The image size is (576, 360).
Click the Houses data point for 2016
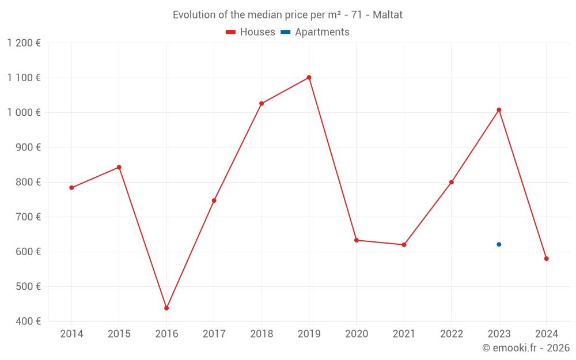(x=166, y=308)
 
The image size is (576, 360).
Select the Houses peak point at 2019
(x=309, y=77)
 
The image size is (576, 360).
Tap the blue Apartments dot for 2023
(x=499, y=244)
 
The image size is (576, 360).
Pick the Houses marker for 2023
(x=499, y=109)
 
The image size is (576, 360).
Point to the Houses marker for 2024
(x=546, y=259)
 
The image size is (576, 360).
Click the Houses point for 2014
(x=71, y=188)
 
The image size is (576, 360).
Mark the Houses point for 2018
(x=262, y=104)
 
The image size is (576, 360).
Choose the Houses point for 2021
(x=404, y=245)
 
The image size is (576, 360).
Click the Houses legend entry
(x=251, y=32)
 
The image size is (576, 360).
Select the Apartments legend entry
(x=315, y=32)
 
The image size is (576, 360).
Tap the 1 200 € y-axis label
(x=24, y=43)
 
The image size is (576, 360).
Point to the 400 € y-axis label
(x=28, y=321)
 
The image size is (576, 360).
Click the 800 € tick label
(x=28, y=182)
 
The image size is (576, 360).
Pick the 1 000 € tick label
(x=24, y=112)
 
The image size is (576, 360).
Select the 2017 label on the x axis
(x=214, y=334)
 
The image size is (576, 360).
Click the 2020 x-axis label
(x=357, y=334)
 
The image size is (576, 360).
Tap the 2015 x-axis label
(x=119, y=334)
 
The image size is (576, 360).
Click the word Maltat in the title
(x=388, y=15)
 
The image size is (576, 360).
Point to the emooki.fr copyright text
(x=526, y=348)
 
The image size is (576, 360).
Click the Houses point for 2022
(x=452, y=182)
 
